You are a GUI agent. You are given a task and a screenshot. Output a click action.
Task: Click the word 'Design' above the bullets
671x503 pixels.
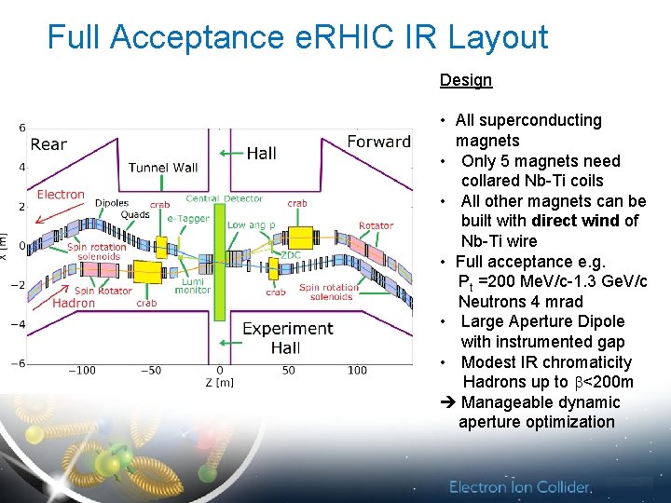[x=465, y=80]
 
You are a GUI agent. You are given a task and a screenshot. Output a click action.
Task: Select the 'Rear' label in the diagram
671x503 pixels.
[x=48, y=143]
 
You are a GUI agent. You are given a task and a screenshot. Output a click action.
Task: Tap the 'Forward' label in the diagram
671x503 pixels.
[x=378, y=142]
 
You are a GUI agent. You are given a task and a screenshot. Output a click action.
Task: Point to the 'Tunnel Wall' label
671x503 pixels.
[x=163, y=168]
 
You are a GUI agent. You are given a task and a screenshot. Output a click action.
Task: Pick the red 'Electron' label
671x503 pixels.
[x=61, y=195]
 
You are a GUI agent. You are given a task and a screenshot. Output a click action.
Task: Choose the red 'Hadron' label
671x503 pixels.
[x=74, y=303]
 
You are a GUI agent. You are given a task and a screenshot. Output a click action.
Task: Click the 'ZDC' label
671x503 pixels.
[x=291, y=253]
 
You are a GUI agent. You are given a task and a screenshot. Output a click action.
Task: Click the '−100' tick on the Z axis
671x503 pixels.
[x=81, y=371]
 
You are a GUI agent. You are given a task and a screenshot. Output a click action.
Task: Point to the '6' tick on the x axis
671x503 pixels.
[x=22, y=128]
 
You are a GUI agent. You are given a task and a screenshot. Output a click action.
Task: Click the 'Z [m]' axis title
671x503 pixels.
[x=220, y=383]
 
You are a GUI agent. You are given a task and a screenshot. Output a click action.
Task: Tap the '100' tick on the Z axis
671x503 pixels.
[x=357, y=371]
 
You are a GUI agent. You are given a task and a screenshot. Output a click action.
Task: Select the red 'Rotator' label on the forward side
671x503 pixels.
[x=376, y=225]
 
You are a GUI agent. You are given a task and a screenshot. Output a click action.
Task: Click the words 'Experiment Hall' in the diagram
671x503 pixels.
[x=287, y=338]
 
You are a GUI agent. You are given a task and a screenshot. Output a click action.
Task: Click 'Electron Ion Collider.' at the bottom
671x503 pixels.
[x=520, y=487]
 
